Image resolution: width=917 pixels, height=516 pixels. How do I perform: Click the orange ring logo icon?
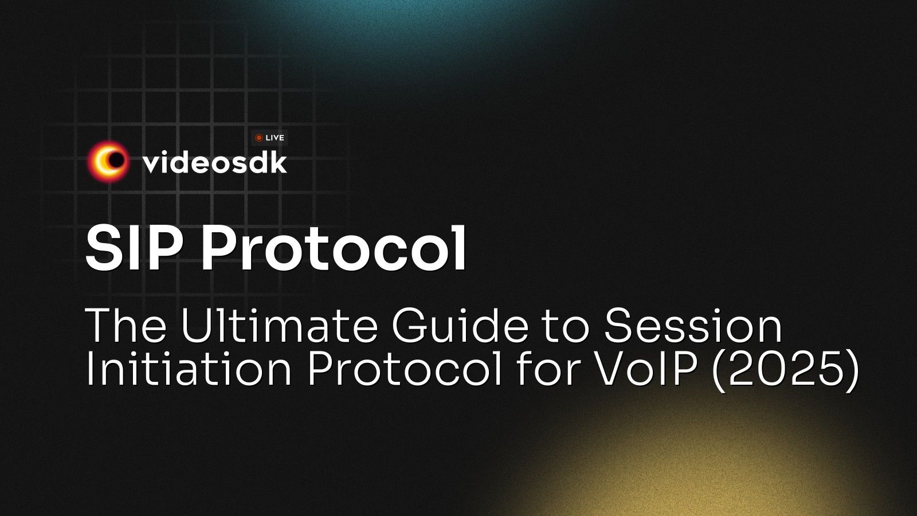pos(108,162)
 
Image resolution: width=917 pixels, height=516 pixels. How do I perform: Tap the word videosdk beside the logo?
pos(214,163)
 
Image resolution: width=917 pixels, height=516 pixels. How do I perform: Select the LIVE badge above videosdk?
pos(269,138)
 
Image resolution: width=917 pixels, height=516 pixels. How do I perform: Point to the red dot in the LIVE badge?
pos(259,138)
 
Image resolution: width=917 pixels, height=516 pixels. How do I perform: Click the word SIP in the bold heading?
pos(135,248)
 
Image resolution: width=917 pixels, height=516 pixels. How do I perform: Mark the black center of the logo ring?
pos(116,161)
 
